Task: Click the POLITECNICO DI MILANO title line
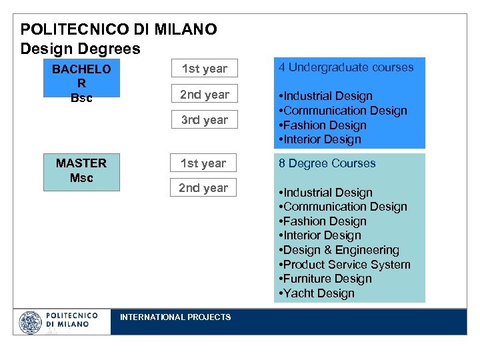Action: point(119,30)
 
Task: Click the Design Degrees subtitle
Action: point(81,49)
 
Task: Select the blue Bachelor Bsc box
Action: point(81,83)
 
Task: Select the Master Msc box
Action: point(81,171)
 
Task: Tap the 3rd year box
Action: point(205,120)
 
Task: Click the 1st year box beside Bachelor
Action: point(205,69)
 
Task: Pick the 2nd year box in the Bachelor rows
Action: point(205,95)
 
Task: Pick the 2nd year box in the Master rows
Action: point(203,188)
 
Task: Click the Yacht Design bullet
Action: point(317,293)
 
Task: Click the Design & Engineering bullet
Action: point(339,250)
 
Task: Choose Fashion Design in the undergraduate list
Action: point(323,125)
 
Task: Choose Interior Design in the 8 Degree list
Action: point(321,235)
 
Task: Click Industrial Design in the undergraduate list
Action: point(326,97)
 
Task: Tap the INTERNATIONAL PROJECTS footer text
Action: point(175,317)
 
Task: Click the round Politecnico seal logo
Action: point(30,322)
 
